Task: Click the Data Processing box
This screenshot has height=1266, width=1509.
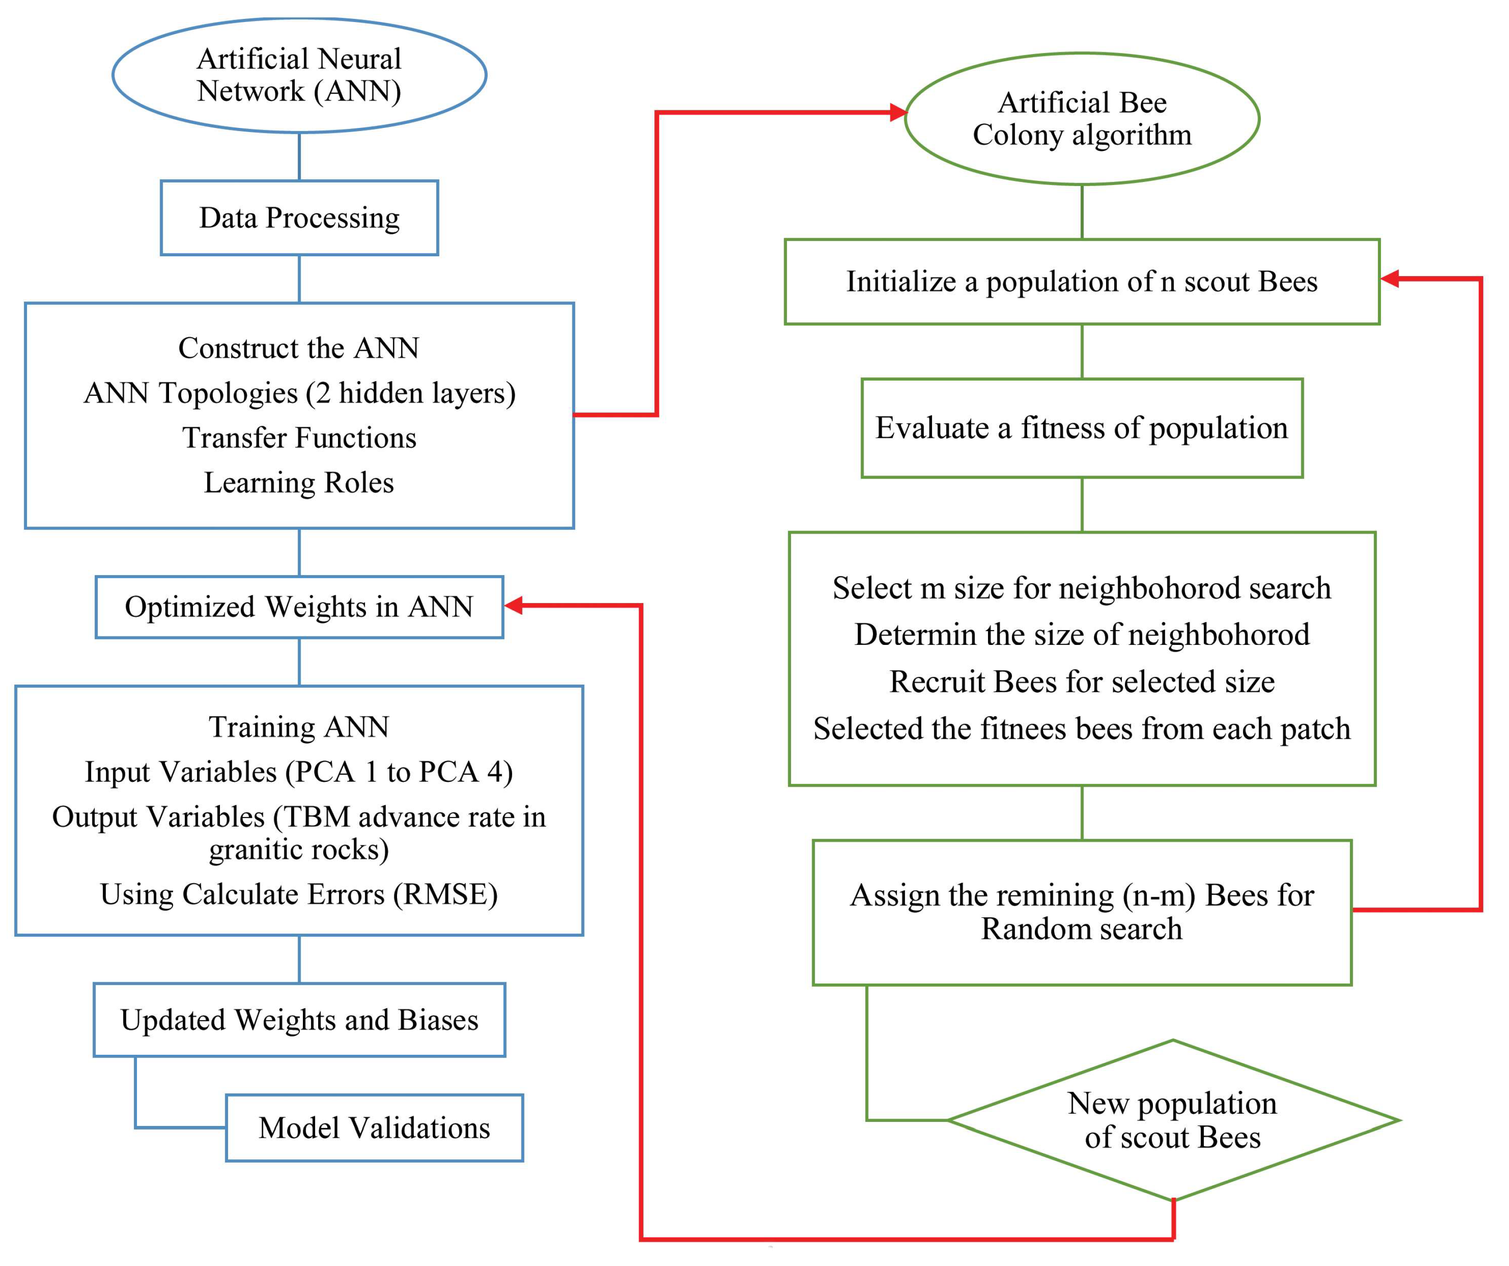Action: tap(299, 218)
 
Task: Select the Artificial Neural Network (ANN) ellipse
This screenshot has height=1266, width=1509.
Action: tap(299, 75)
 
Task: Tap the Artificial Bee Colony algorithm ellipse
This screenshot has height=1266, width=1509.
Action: tap(1081, 118)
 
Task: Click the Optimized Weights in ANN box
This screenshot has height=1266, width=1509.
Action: tap(299, 607)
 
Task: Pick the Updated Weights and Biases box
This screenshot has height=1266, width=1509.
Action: tap(299, 1020)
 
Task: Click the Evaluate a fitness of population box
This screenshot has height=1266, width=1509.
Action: tap(1081, 428)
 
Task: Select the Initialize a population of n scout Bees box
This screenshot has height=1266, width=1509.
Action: tap(1081, 281)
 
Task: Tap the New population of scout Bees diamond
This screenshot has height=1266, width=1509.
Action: tap(1173, 1120)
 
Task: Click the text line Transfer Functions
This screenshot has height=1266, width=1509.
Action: tap(299, 437)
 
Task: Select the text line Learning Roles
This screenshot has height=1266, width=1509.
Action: tap(299, 482)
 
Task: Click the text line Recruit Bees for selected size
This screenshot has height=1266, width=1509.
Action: tap(1081, 681)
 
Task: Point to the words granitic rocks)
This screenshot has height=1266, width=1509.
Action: tap(299, 849)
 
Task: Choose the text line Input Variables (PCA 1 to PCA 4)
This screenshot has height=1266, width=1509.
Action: tap(299, 772)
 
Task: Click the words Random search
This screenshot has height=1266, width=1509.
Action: tap(1081, 929)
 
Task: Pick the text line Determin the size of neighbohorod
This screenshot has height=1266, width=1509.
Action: tap(1081, 635)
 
